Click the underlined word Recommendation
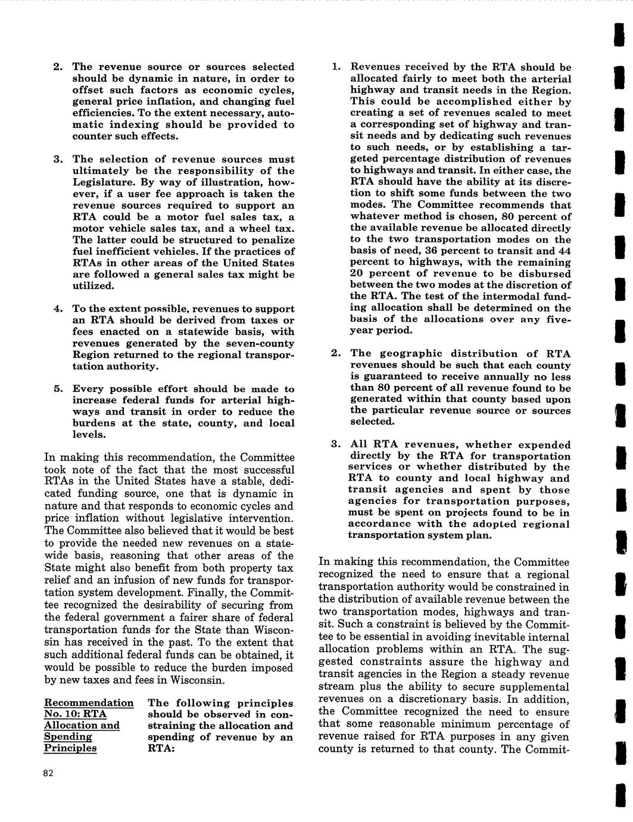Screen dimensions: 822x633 89,703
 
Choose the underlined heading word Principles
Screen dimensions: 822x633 70,748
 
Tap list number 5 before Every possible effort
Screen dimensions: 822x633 58,389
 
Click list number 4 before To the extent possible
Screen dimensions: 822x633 58,309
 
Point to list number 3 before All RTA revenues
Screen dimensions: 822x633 336,445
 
